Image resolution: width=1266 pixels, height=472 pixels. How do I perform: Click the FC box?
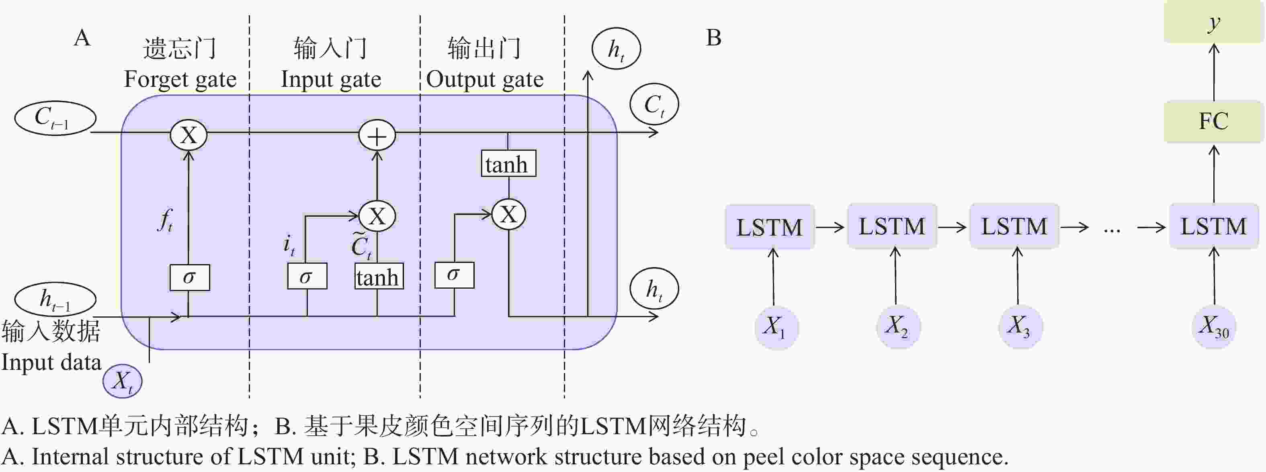1213,121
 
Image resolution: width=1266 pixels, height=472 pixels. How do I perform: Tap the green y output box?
1214,23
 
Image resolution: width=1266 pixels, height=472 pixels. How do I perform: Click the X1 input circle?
776,327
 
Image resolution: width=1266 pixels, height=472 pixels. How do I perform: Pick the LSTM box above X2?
891,227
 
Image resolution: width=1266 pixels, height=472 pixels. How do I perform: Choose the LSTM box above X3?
1014,227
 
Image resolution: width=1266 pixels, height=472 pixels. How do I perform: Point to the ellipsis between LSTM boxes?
1112,229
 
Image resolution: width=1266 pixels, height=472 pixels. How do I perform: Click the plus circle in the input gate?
377,136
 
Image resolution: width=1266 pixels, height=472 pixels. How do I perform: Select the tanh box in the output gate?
508,164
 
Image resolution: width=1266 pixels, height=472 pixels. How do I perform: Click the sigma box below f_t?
190,277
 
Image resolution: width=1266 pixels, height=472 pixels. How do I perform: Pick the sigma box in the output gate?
454,275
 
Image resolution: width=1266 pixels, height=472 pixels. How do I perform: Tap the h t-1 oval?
55,298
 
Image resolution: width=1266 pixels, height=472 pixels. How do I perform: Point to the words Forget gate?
180,79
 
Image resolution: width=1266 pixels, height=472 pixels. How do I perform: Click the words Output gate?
485,79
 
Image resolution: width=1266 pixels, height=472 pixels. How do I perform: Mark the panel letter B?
714,38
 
